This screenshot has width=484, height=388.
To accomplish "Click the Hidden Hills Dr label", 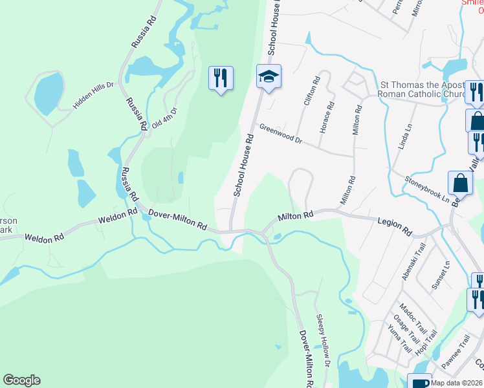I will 93,95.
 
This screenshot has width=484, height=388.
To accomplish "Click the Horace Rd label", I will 326,117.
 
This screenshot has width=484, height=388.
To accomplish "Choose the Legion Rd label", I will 395,226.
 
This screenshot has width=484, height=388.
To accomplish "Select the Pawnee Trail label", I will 456,352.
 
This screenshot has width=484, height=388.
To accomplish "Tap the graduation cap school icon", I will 269,77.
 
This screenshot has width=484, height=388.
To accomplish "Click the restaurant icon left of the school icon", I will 221,78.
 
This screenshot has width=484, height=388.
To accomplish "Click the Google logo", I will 21,380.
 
